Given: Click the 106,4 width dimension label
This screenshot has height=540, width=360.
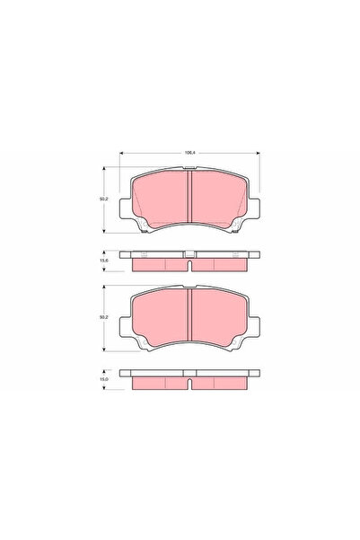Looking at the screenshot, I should click(190, 154).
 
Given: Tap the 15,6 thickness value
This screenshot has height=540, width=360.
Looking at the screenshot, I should click(104, 261).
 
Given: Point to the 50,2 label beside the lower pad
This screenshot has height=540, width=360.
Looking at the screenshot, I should click(104, 318).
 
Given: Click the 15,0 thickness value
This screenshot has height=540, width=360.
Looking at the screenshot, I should click(104, 381).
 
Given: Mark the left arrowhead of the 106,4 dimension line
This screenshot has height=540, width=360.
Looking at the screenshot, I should click(119, 157).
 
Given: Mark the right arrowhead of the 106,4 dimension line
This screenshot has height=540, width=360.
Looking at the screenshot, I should click(260, 157).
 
